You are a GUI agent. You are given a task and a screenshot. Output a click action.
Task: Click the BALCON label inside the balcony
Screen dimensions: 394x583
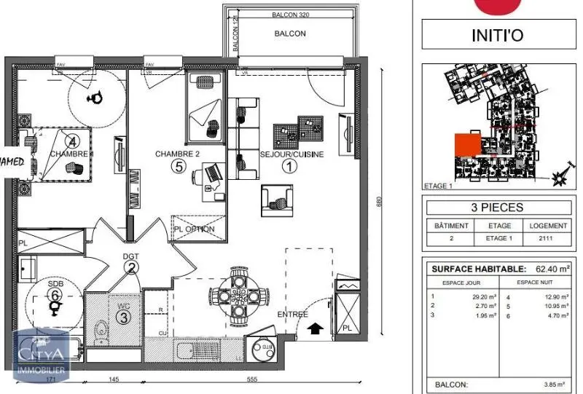290,34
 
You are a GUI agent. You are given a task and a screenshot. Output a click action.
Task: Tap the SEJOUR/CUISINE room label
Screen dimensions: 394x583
291,154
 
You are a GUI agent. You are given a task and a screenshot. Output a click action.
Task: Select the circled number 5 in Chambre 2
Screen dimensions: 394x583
177,167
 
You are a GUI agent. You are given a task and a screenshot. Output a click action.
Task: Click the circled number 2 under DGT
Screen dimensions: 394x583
131,267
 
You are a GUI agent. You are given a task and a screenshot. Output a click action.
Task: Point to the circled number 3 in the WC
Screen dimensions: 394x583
125,317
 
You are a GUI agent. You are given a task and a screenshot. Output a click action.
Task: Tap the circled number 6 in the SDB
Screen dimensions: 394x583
55,295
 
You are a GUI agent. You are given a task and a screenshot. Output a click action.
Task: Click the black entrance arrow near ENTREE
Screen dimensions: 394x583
315,329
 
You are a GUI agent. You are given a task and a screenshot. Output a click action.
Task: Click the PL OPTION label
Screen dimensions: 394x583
195,229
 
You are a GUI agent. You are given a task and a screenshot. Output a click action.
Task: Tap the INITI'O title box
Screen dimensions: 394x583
498,36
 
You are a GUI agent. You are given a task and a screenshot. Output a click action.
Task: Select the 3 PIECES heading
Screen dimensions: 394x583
498,208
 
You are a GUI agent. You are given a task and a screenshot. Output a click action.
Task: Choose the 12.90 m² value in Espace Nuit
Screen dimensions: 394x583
555,296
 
